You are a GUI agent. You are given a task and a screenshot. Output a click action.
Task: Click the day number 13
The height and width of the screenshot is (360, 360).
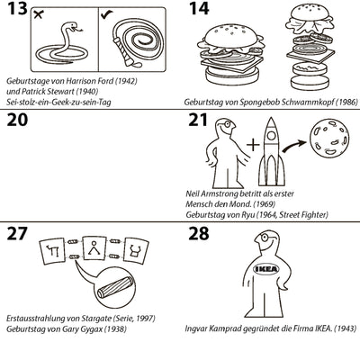pyautogui.click(x=17, y=8)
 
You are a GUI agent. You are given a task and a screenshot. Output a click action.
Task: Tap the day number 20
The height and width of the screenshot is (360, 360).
pyautogui.click(x=17, y=120)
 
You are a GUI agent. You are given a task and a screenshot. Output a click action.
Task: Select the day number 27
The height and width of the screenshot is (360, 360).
pyautogui.click(x=17, y=234)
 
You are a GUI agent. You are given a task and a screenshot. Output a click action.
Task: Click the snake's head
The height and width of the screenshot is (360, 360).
pyautogui.click(x=75, y=27)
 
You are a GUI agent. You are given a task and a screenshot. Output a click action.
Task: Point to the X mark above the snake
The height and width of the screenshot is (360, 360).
pyautogui.click(x=38, y=14)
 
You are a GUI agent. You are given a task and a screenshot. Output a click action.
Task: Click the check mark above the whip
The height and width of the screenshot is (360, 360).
pyautogui.click(x=106, y=14)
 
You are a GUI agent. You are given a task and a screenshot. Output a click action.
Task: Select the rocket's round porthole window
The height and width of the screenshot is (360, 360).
pyautogui.click(x=271, y=136)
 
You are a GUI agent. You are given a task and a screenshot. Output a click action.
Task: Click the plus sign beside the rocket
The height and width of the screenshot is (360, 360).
pyautogui.click(x=253, y=145)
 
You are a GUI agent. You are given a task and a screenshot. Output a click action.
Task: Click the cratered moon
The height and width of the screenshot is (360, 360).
pyautogui.click(x=329, y=137)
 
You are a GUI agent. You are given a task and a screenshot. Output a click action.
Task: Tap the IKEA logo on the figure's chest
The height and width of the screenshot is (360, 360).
pyautogui.click(x=266, y=269)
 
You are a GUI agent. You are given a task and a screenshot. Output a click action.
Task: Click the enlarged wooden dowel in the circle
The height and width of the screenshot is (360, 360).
pyautogui.click(x=115, y=287)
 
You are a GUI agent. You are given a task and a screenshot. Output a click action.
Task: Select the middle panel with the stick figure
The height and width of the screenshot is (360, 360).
pyautogui.click(x=94, y=247)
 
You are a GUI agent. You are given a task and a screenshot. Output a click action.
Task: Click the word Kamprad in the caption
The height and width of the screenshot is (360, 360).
pyautogui.click(x=224, y=328)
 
